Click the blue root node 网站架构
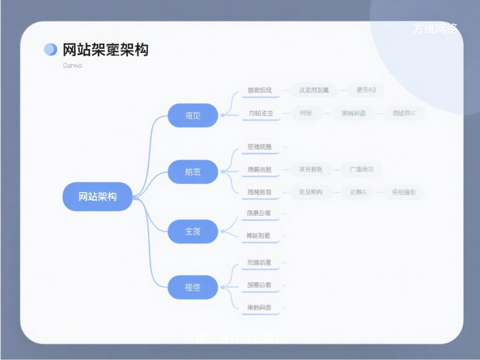(97, 196)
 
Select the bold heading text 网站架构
(105, 50)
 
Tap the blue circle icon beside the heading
(50, 49)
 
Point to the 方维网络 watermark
(435, 29)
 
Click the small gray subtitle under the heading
(72, 66)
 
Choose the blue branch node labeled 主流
(193, 231)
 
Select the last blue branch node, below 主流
(193, 287)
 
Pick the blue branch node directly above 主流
(193, 172)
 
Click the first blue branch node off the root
(193, 115)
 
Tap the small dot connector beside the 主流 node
(223, 231)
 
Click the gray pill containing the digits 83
(366, 90)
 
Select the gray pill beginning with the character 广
(362, 169)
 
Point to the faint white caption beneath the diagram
(240, 337)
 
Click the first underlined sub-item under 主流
(259, 213)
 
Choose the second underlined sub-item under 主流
(259, 236)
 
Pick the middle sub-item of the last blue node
(259, 285)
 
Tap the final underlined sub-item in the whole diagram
(259, 308)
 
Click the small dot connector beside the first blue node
(223, 115)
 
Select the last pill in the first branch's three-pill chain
(404, 113)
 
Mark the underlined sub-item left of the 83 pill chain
(259, 90)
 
